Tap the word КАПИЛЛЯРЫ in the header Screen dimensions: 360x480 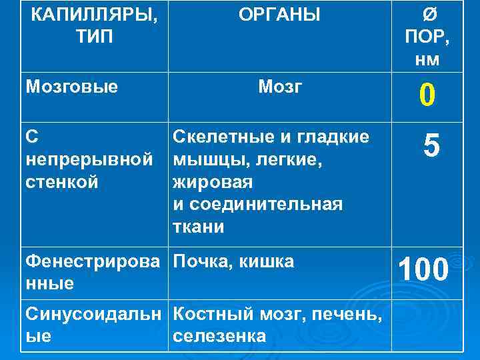pyautogui.click(x=95, y=14)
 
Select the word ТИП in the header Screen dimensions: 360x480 pyautogui.click(x=95, y=37)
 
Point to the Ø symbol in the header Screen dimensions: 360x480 pyautogui.click(x=427, y=14)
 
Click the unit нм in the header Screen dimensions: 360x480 pyautogui.click(x=427, y=59)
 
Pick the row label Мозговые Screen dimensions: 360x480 pyautogui.click(x=71, y=86)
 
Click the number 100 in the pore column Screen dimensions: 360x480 pyautogui.click(x=423, y=270)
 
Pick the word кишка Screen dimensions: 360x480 pyautogui.click(x=265, y=262)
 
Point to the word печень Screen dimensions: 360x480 pyautogui.click(x=337, y=314)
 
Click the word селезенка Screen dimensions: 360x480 pyautogui.click(x=219, y=337)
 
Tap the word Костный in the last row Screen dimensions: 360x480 pyautogui.click(x=209, y=314)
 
